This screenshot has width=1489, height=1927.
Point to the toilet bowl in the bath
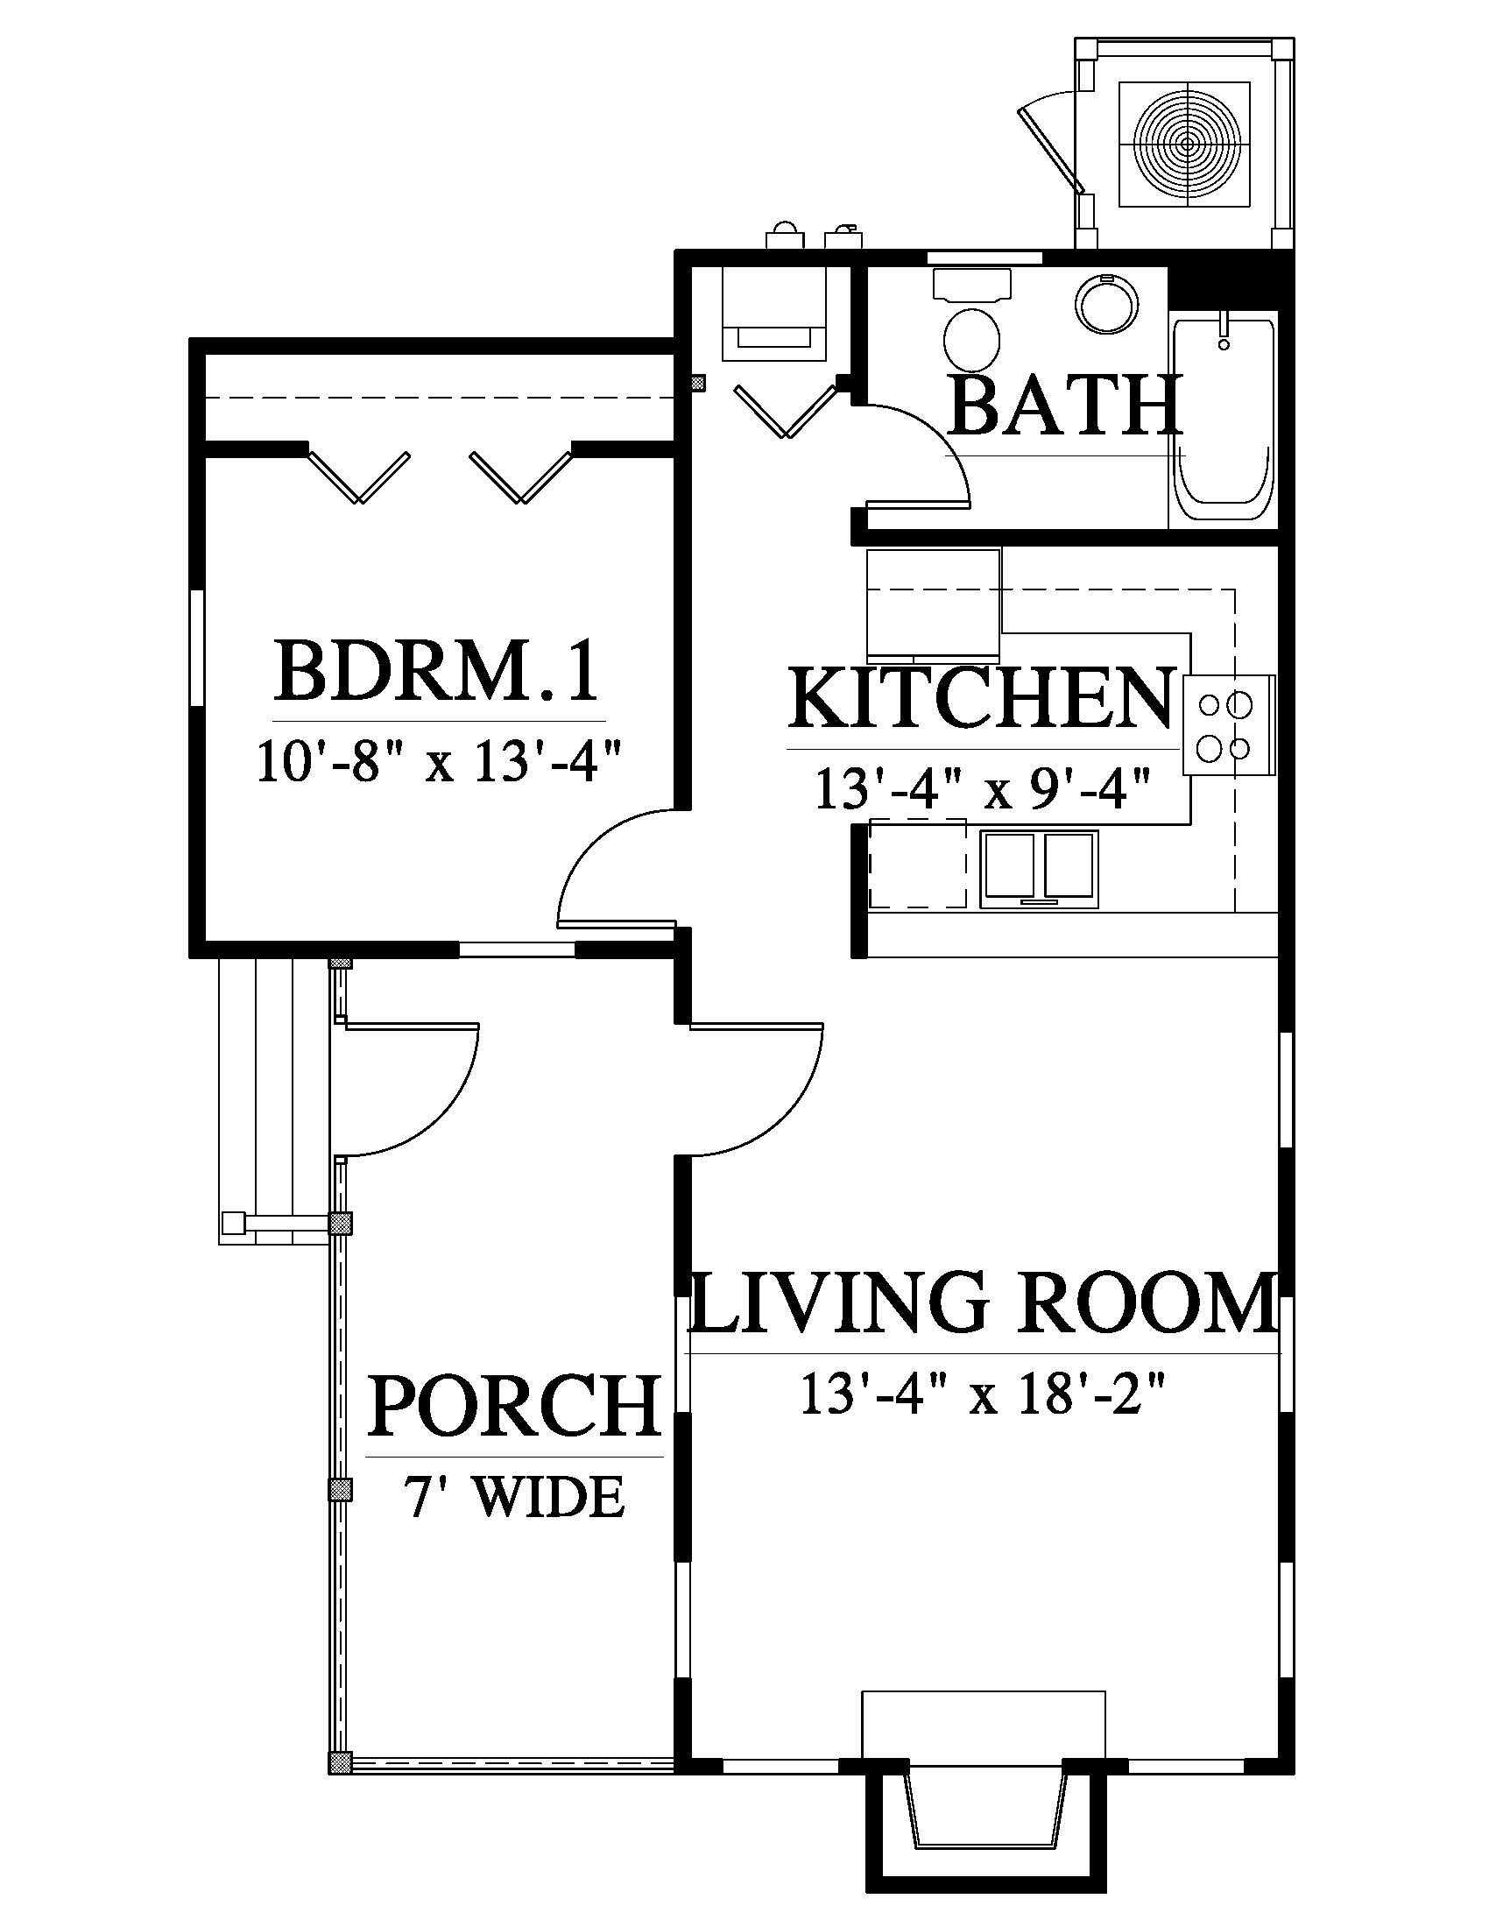coord(972,338)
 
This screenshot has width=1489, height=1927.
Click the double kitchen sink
coord(1041,869)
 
